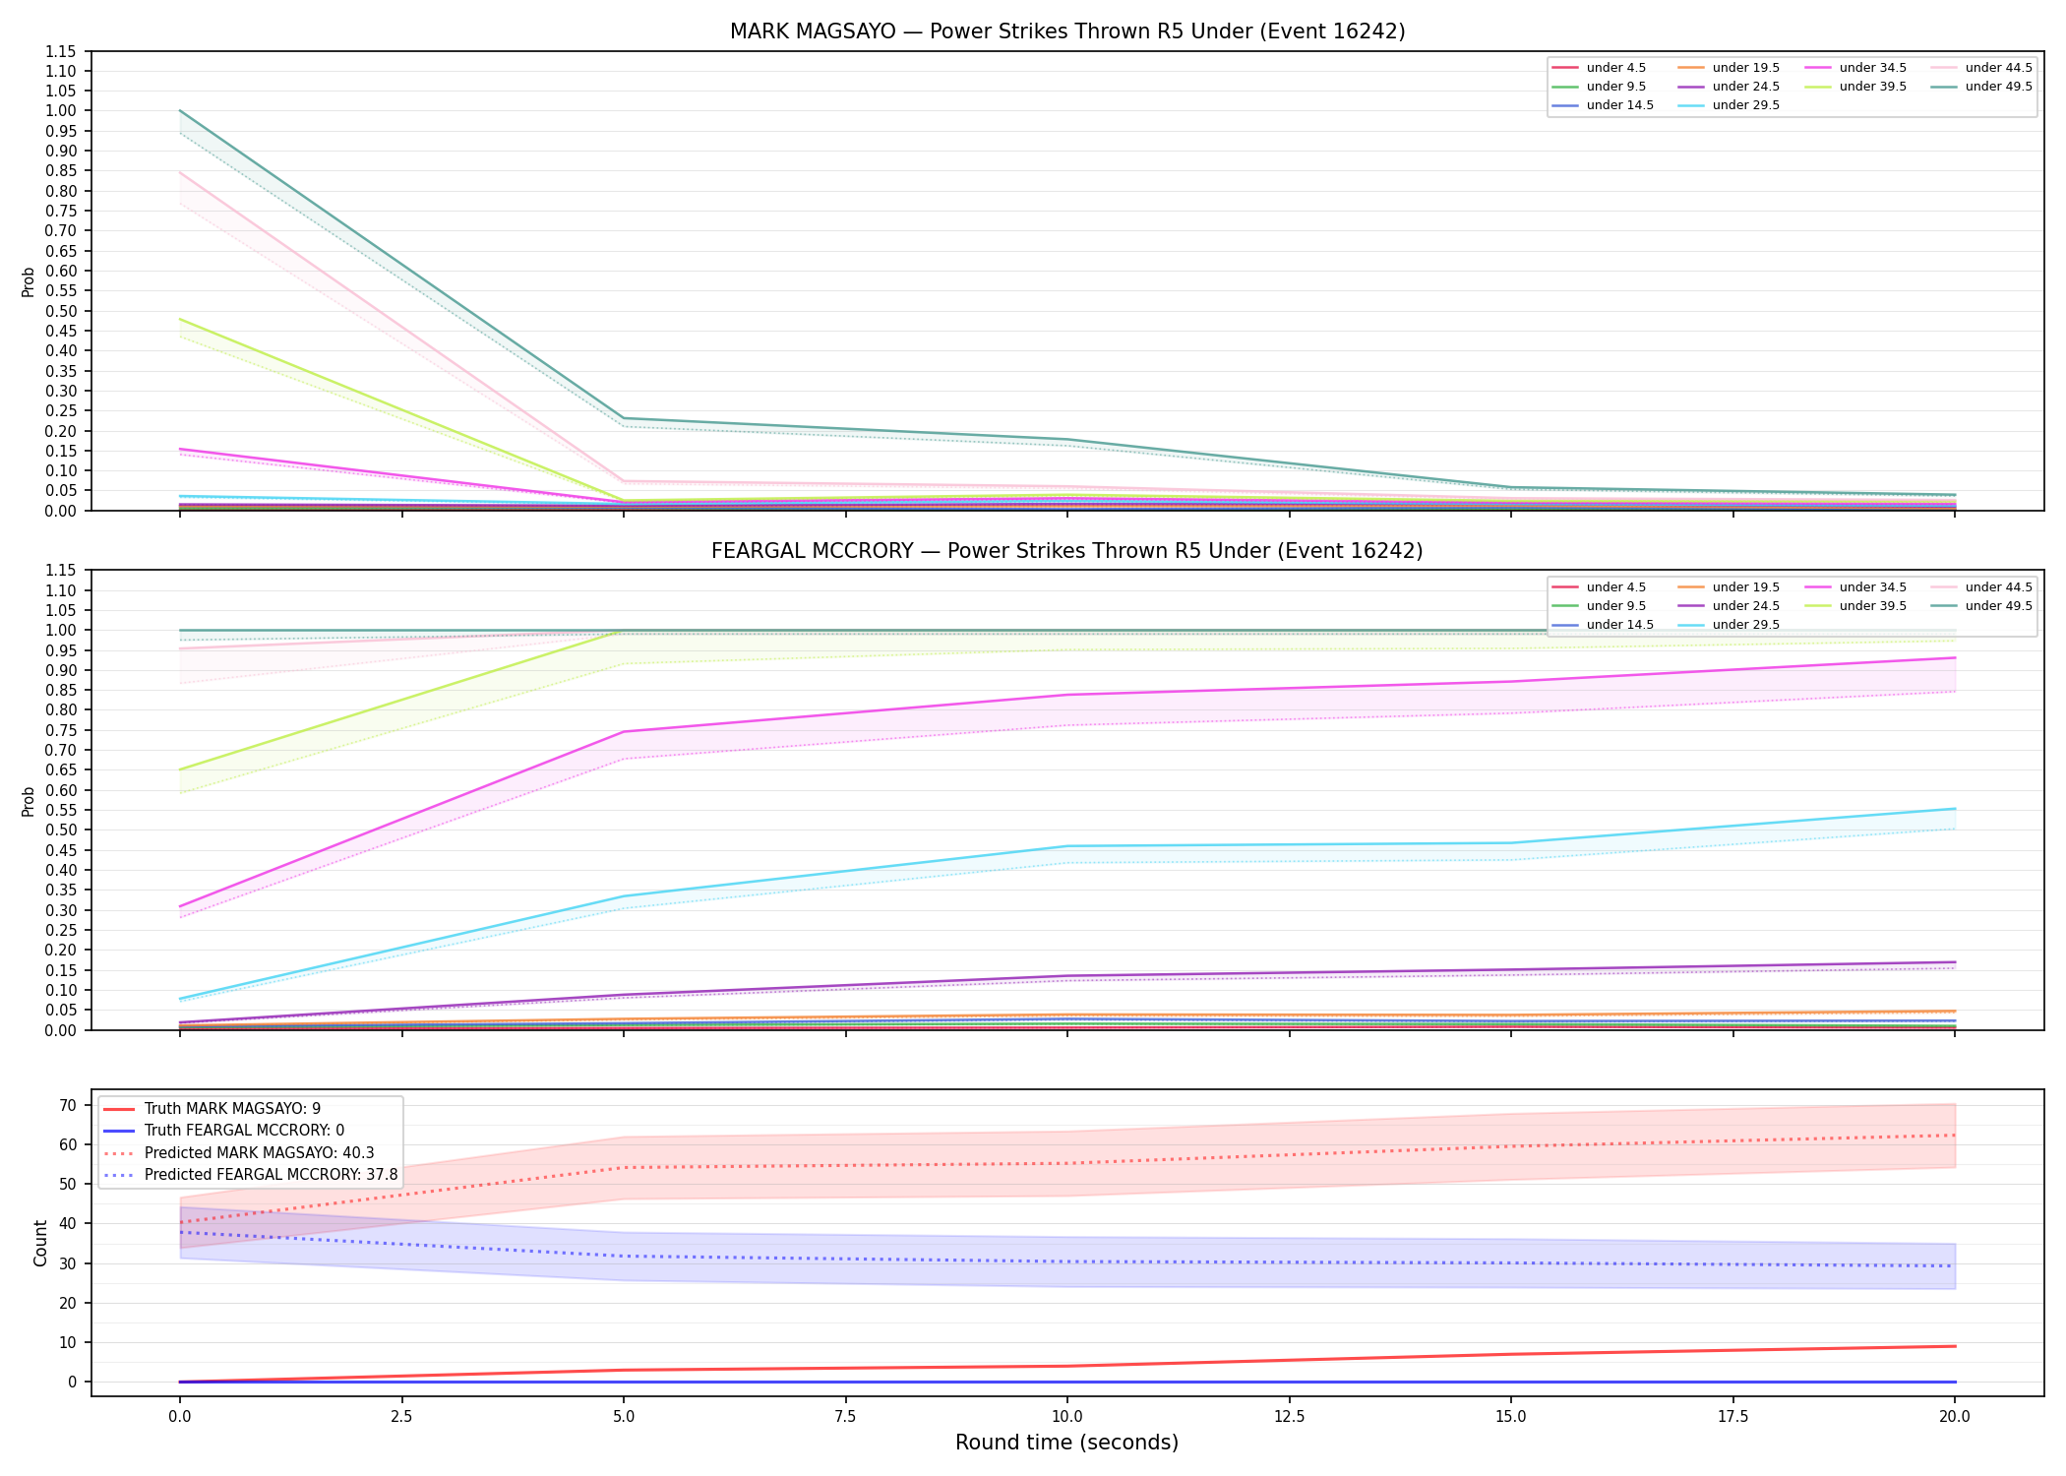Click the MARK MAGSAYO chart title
pyautogui.click(x=1067, y=31)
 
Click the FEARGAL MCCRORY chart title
pyautogui.click(x=1067, y=551)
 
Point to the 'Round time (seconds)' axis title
pyautogui.click(x=1067, y=1443)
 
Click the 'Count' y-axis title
pyautogui.click(x=40, y=1243)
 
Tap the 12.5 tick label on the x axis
pyautogui.click(x=1290, y=1417)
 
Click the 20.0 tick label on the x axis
pyautogui.click(x=1955, y=1417)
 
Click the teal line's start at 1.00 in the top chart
pyautogui.click(x=180, y=110)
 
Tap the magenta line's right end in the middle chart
pyautogui.click(x=1955, y=657)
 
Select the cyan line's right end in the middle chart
pyautogui.click(x=1955, y=809)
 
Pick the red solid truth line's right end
pyautogui.click(x=1955, y=1346)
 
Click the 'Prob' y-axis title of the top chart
pyautogui.click(x=29, y=281)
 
